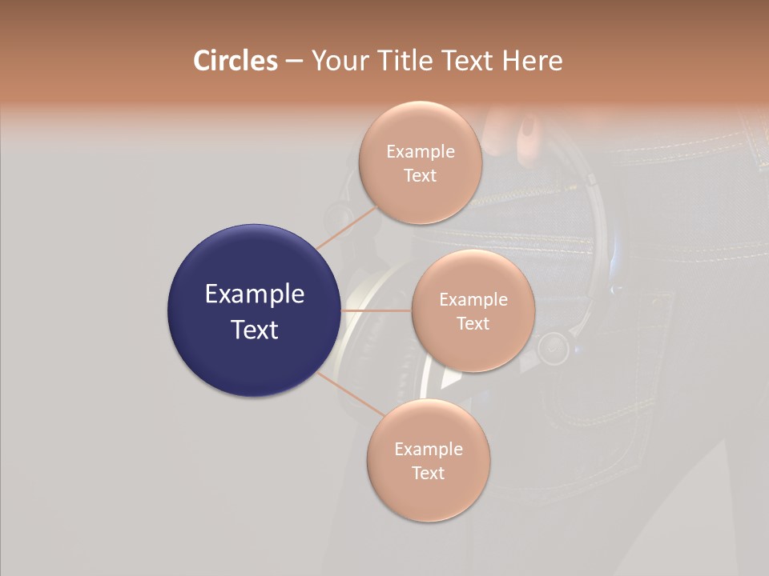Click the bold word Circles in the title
point(235,61)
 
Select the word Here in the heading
point(533,61)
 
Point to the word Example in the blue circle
point(255,294)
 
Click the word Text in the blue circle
point(255,329)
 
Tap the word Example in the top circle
point(420,151)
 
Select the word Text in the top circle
point(420,175)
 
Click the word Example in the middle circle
point(473,299)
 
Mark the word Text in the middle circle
point(473,323)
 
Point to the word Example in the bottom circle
point(428,449)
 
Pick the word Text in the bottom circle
point(428,473)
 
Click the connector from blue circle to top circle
point(347,226)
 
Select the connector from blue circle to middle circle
point(376,310)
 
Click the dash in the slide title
point(294,62)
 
